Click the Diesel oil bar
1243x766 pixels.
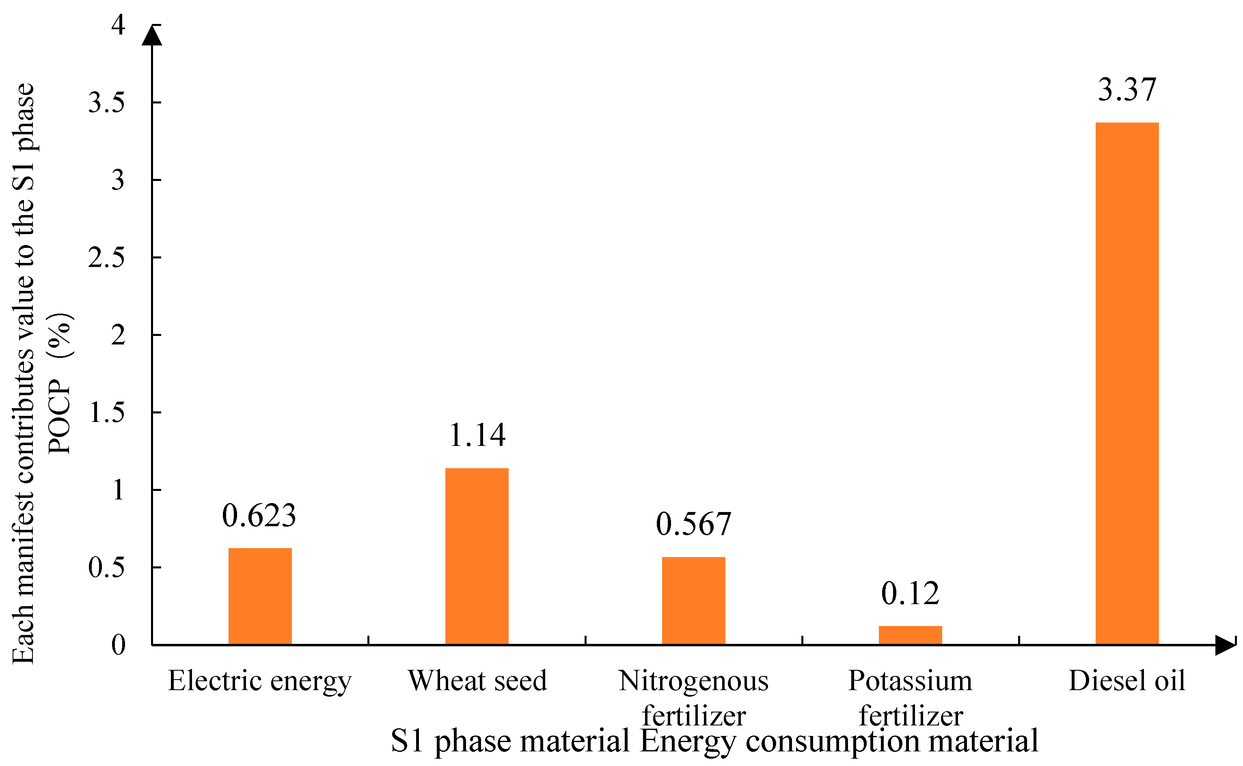coord(1126,383)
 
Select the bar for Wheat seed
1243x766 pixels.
coord(477,556)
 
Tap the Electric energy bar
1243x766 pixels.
coord(260,596)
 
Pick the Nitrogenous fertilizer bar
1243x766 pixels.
coord(693,601)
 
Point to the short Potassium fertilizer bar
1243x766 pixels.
coord(910,635)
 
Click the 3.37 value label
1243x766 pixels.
coord(1126,90)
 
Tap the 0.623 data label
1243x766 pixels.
coord(259,516)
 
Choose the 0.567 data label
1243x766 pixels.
coord(693,524)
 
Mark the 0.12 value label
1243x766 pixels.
coord(910,593)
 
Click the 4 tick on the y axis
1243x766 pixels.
coord(118,24)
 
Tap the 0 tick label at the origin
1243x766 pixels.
coord(118,646)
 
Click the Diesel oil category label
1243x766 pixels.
coord(1126,681)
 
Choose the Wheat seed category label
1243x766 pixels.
coord(477,681)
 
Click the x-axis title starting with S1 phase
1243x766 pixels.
coord(714,741)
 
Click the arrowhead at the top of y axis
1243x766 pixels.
coord(152,35)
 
